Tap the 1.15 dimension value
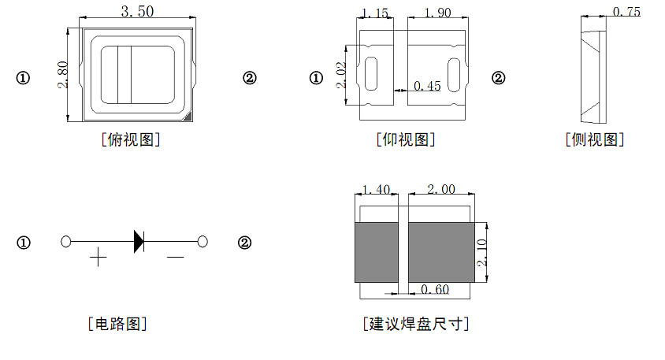pyautogui.click(x=375, y=13)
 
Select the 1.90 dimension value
pyautogui.click(x=437, y=13)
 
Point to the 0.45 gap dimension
pyautogui.click(x=427, y=86)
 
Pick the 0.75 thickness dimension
pyautogui.click(x=626, y=12)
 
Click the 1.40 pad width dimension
pyautogui.click(x=375, y=189)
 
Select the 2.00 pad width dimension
pyautogui.click(x=440, y=189)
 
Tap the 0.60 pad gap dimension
pyautogui.click(x=434, y=290)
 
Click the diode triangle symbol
pyautogui.click(x=139, y=241)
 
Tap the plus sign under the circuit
pyautogui.click(x=98, y=258)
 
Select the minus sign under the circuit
pyautogui.click(x=175, y=257)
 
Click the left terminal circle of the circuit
pyautogui.click(x=66, y=241)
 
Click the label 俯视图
pyautogui.click(x=132, y=140)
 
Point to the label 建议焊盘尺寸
pyautogui.click(x=415, y=324)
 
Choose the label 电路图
pyautogui.click(x=117, y=323)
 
